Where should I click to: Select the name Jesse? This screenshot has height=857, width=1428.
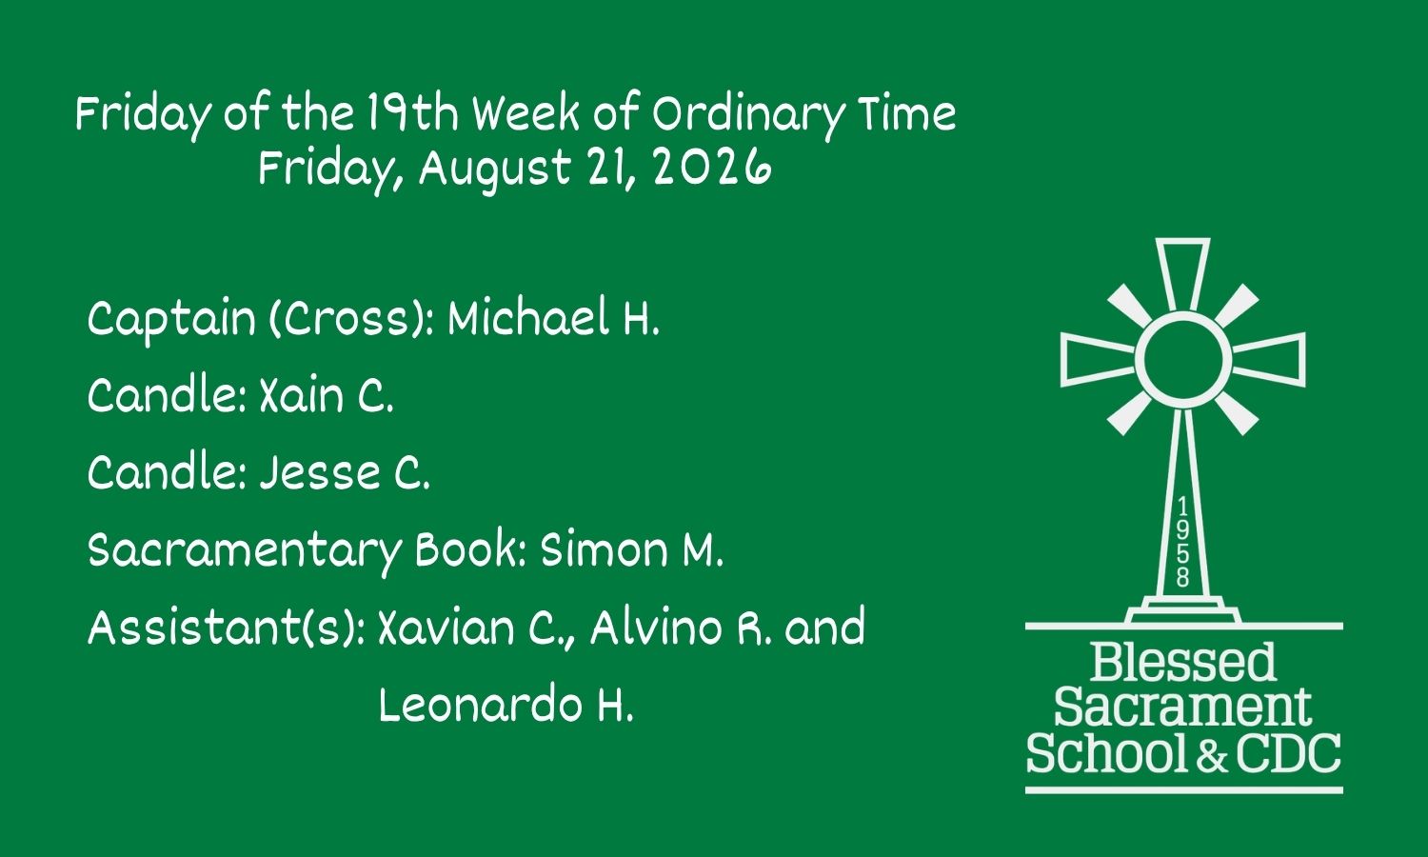pyautogui.click(x=320, y=472)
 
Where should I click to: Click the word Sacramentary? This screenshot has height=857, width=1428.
pyautogui.click(x=245, y=552)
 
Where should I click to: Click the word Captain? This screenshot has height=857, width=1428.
pyautogui.click(x=171, y=319)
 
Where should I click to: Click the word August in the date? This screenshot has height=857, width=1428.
pyautogui.click(x=494, y=169)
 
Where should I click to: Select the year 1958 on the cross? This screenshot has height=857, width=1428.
pyautogui.click(x=1182, y=542)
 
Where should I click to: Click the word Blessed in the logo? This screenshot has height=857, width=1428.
pyautogui.click(x=1183, y=663)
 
